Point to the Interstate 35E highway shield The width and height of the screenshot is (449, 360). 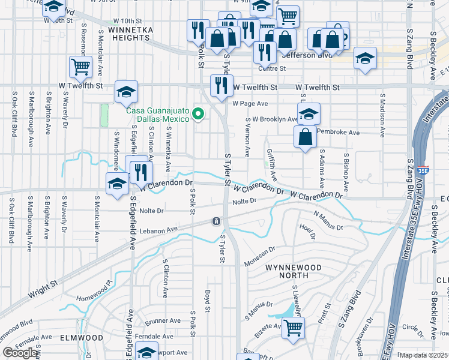[x=423, y=170]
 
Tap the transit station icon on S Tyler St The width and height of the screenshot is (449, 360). [x=215, y=222]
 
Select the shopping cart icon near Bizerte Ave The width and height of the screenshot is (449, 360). [x=293, y=327]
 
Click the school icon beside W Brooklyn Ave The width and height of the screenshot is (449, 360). [x=308, y=113]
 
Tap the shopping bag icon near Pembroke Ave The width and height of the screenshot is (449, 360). [x=306, y=136]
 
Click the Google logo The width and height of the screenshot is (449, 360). [x=21, y=353]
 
